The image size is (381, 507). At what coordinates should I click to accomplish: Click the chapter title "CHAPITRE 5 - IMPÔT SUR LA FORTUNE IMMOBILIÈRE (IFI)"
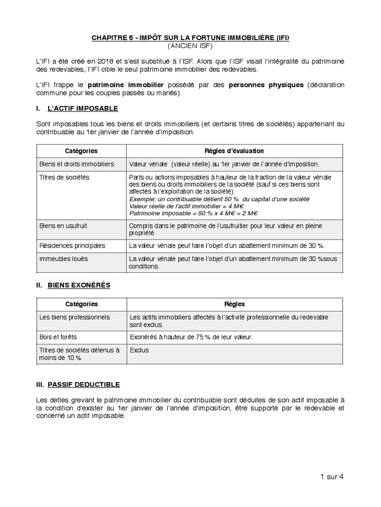pyautogui.click(x=190, y=38)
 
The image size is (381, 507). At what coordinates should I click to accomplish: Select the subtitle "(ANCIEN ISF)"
pyautogui.click(x=190, y=46)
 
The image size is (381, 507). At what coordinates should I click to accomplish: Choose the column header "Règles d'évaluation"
pyautogui.click(x=234, y=151)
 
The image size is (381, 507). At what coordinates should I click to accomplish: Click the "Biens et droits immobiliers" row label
pyautogui.click(x=76, y=164)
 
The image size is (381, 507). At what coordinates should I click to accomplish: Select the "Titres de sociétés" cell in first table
pyautogui.click(x=64, y=177)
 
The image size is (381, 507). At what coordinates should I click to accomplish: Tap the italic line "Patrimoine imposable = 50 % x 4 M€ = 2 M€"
pyautogui.click(x=193, y=213)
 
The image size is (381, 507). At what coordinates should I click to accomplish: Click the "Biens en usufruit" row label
pyautogui.click(x=63, y=226)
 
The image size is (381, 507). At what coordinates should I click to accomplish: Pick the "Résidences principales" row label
pyautogui.click(x=72, y=246)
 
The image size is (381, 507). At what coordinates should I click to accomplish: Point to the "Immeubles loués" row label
pyautogui.click(x=63, y=258)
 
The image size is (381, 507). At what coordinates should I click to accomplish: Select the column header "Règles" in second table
pyautogui.click(x=235, y=304)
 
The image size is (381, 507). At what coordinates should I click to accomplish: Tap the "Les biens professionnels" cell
pyautogui.click(x=74, y=317)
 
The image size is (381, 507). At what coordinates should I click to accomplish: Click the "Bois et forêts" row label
pyautogui.click(x=58, y=337)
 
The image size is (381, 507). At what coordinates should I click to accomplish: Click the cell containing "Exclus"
pyautogui.click(x=139, y=350)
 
